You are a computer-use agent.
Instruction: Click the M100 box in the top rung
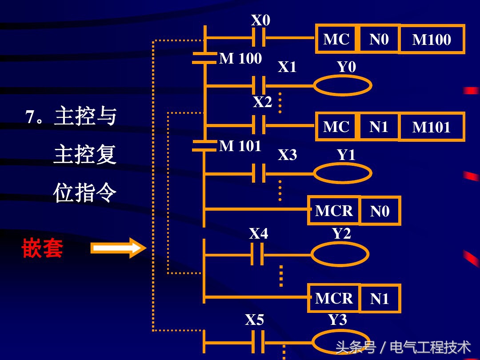pyautogui.click(x=431, y=40)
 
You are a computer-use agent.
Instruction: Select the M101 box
pyautogui.click(x=431, y=127)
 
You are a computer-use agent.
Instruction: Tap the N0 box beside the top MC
pyautogui.click(x=379, y=39)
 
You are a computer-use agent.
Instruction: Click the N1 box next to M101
pyautogui.click(x=379, y=127)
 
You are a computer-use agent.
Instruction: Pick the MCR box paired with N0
pyautogui.click(x=334, y=210)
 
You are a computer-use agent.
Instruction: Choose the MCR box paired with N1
pyautogui.click(x=334, y=298)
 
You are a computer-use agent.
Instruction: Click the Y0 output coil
pyautogui.click(x=342, y=85)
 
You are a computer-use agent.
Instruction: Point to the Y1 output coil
pyautogui.click(x=342, y=173)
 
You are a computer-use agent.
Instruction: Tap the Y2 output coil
pyautogui.click(x=340, y=255)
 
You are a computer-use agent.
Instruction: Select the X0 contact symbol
pyautogui.click(x=258, y=37)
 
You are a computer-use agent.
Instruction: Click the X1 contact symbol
pyautogui.click(x=258, y=85)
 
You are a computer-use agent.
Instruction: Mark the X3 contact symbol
pyautogui.click(x=258, y=173)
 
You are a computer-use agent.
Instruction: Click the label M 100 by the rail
pyautogui.click(x=240, y=59)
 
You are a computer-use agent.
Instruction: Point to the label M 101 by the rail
pyautogui.click(x=240, y=146)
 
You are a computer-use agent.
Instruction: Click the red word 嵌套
pyautogui.click(x=42, y=248)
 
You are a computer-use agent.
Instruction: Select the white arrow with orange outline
pyautogui.click(x=118, y=248)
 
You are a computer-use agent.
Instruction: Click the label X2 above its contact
pyautogui.click(x=262, y=102)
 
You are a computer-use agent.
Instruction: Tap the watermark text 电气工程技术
pyautogui.click(x=430, y=347)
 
